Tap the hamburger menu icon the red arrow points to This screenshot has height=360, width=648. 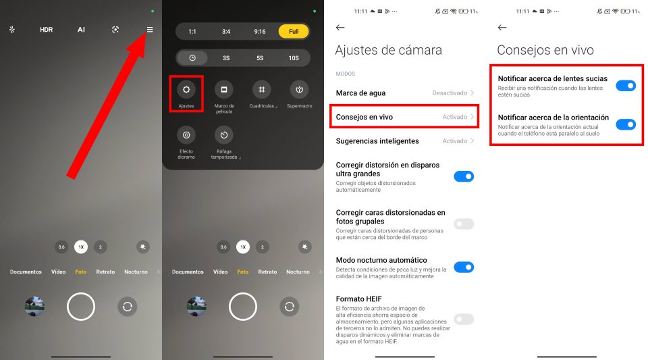click(150, 30)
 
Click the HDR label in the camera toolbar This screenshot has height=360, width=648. click(46, 30)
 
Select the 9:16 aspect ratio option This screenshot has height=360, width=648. click(260, 32)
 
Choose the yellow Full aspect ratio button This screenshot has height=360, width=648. click(294, 32)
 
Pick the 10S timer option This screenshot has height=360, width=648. click(294, 58)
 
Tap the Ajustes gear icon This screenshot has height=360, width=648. click(186, 89)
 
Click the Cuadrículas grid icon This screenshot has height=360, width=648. click(261, 89)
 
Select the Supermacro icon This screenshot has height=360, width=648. click(299, 89)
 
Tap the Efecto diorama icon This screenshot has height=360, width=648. click(186, 134)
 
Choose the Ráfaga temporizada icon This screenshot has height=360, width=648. click(224, 134)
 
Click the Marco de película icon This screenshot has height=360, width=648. click(224, 89)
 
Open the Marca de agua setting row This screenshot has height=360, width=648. click(405, 93)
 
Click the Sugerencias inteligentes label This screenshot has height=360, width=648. click(377, 141)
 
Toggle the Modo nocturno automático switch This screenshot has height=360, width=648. click(464, 267)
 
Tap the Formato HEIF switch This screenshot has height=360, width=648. click(464, 319)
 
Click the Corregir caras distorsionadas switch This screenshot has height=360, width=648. click(464, 224)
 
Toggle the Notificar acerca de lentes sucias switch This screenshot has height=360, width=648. click(626, 85)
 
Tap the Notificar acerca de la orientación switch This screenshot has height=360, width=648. click(626, 124)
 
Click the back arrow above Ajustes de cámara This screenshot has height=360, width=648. click(340, 28)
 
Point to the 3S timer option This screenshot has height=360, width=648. click(226, 58)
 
